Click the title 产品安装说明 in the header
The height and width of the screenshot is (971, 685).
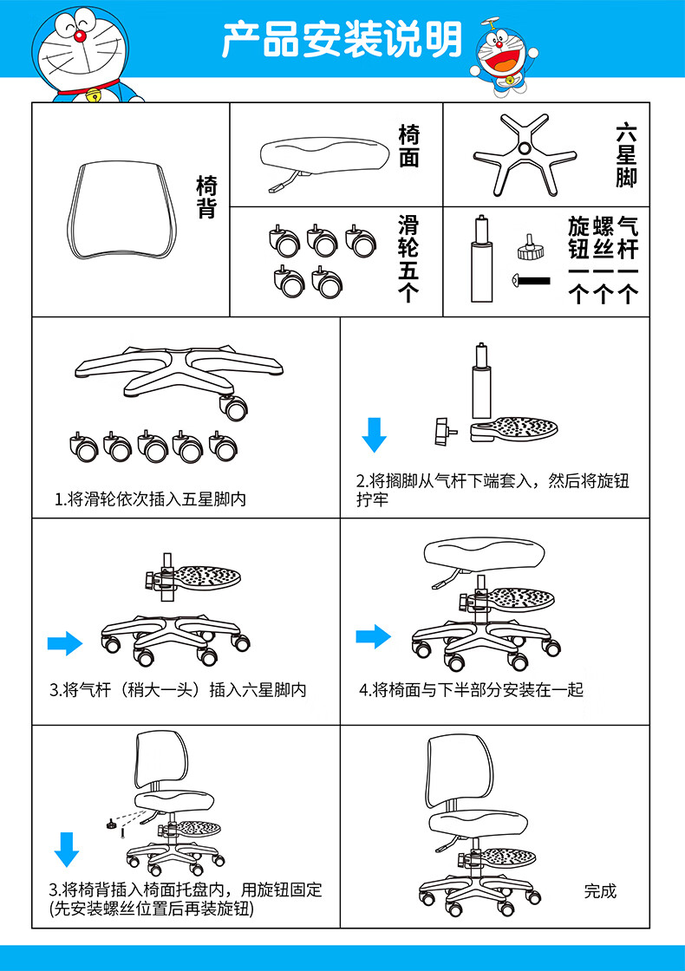[342, 40]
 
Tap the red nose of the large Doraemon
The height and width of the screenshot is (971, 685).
[79, 36]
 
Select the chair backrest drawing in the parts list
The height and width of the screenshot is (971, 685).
[121, 210]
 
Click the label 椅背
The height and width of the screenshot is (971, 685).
[206, 197]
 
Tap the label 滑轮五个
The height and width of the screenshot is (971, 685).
[408, 258]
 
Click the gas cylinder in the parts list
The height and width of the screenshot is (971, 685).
[481, 259]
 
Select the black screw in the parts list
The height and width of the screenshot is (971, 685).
[532, 281]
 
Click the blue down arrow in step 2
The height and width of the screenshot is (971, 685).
[374, 434]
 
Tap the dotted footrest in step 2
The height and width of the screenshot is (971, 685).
[513, 429]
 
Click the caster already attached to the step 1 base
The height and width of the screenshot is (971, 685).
[233, 407]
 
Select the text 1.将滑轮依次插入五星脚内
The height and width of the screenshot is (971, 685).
[150, 499]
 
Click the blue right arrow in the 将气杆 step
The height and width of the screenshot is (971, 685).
[65, 643]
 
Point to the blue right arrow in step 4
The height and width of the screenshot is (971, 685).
[374, 636]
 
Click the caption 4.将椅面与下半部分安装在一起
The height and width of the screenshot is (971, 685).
[472, 690]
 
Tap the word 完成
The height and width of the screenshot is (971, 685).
[600, 891]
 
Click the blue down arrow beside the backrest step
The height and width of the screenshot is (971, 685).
[66, 850]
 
